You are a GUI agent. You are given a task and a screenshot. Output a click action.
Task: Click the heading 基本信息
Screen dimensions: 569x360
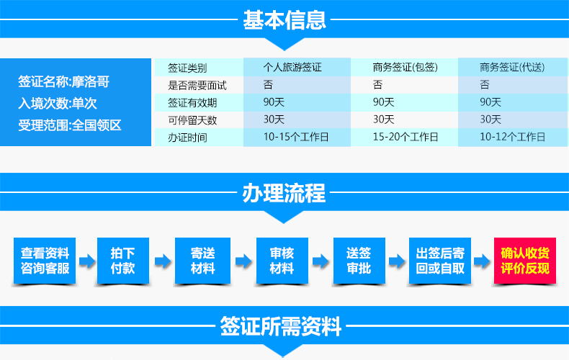(x=284, y=19)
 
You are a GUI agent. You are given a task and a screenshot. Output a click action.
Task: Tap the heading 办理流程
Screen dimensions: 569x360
(x=284, y=193)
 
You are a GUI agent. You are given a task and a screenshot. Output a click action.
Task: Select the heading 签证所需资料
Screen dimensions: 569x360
(x=280, y=326)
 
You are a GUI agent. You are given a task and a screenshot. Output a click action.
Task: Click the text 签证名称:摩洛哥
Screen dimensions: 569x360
(x=64, y=81)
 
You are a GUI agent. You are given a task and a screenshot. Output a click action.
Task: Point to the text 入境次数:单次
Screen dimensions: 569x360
(x=58, y=104)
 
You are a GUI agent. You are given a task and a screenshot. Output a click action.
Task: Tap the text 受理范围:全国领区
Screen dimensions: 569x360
(x=70, y=125)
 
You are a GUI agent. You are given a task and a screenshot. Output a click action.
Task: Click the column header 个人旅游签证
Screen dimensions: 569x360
(x=292, y=67)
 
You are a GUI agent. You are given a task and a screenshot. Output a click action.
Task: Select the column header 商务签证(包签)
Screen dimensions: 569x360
(x=406, y=67)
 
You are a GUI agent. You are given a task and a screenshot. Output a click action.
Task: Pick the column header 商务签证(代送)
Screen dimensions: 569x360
(x=512, y=67)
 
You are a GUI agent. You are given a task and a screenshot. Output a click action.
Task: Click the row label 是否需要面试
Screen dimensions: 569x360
(x=197, y=85)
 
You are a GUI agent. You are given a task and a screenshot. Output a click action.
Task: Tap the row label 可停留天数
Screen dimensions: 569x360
(x=192, y=120)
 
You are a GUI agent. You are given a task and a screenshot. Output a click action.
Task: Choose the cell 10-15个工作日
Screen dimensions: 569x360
(x=296, y=137)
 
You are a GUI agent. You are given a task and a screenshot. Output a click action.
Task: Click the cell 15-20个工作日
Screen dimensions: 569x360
(x=406, y=137)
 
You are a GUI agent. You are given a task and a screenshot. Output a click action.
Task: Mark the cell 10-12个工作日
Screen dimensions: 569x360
(x=513, y=137)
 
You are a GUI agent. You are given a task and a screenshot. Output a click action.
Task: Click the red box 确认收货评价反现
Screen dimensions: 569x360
(x=525, y=261)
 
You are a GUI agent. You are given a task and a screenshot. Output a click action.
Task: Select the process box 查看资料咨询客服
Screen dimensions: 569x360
(x=45, y=261)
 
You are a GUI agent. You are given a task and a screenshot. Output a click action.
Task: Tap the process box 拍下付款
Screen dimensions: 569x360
(x=123, y=261)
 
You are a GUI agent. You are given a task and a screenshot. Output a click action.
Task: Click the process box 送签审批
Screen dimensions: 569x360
(x=359, y=261)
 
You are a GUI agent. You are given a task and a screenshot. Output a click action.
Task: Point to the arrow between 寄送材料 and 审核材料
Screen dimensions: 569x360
(x=243, y=261)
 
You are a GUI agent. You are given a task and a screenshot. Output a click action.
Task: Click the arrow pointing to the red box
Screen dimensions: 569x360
(x=483, y=261)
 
